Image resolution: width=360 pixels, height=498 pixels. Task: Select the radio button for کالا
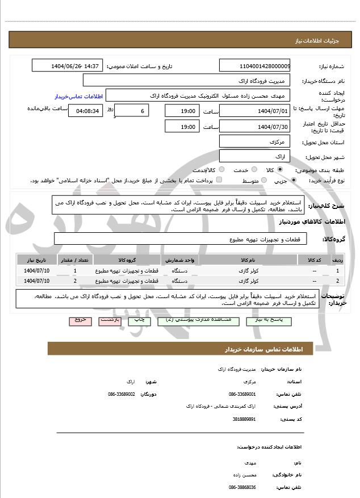279,170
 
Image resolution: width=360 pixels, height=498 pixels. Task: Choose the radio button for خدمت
254,170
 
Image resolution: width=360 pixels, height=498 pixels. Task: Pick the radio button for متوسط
262,181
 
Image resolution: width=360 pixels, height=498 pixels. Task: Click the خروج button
79,321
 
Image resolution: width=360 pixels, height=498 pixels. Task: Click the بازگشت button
110,321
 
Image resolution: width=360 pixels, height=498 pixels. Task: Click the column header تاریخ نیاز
37,260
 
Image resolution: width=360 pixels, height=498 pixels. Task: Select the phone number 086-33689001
242,394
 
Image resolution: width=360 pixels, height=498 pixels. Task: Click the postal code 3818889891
244,420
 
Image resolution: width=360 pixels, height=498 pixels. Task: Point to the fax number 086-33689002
122,394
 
